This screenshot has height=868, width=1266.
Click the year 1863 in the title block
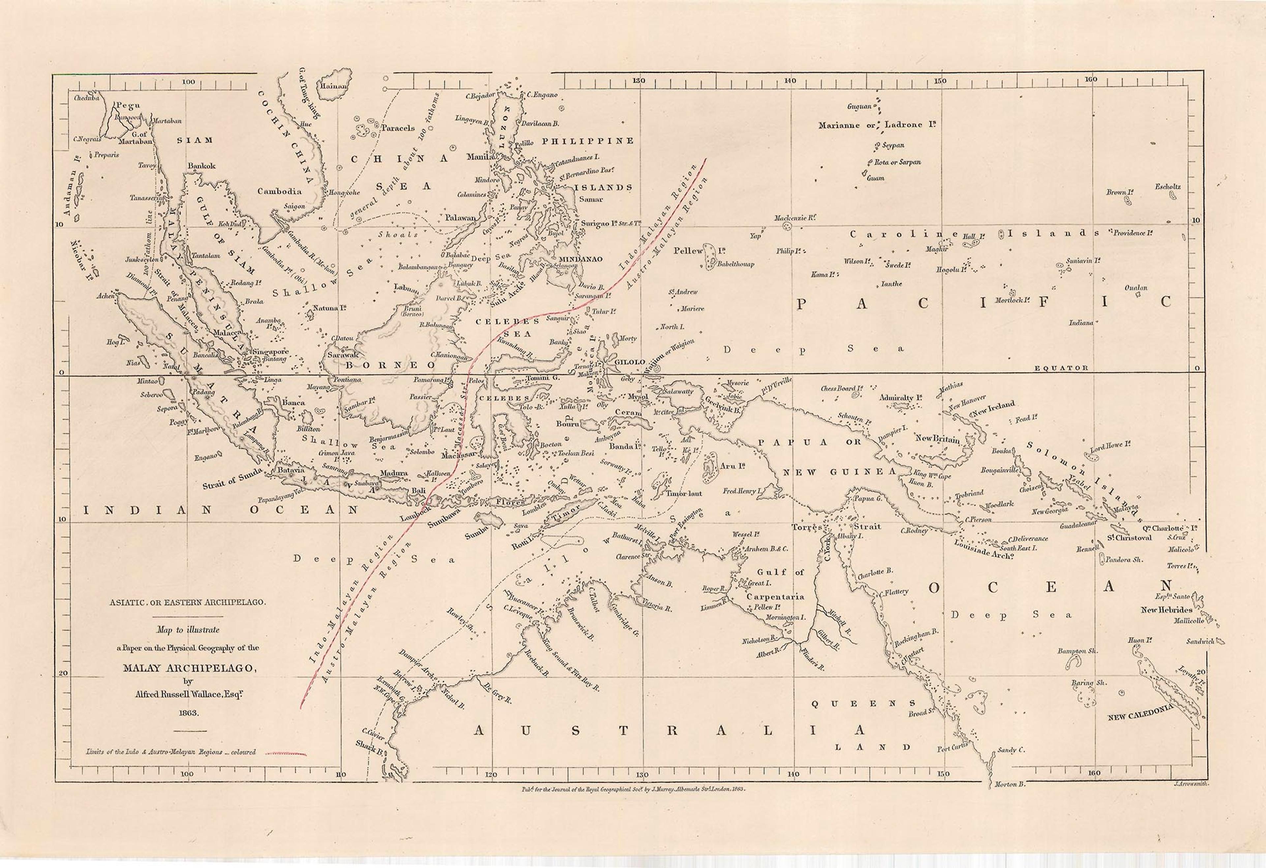[x=187, y=712]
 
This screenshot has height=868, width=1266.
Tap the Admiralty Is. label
[x=900, y=397]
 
